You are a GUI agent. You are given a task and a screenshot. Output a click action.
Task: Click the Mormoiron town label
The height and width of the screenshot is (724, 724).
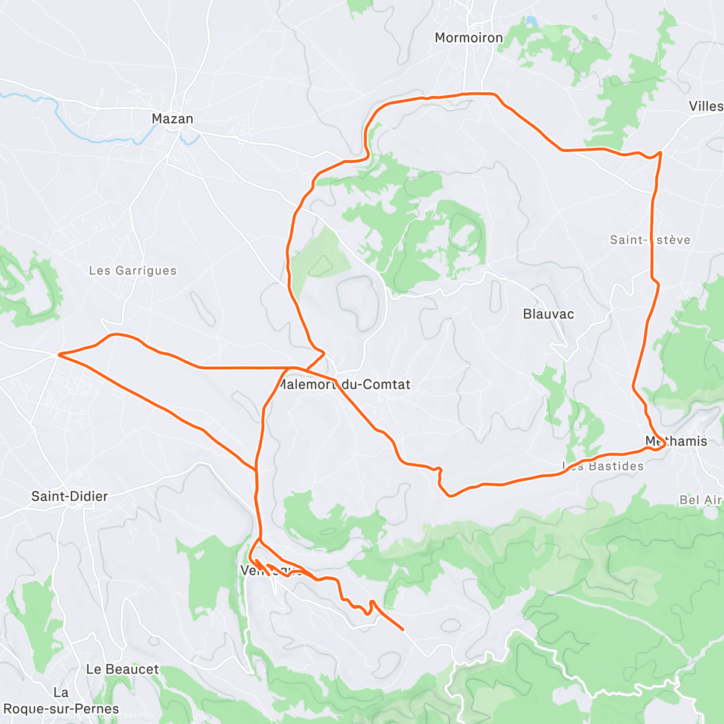(468, 37)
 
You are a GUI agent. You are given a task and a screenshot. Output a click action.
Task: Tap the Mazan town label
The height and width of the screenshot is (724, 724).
(173, 119)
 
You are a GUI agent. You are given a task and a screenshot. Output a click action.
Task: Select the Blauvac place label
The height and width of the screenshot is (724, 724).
(548, 314)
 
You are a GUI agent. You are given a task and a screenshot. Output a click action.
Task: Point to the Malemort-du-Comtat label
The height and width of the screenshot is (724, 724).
(344, 384)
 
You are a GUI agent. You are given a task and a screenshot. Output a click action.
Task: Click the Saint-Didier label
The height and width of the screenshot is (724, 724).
(69, 496)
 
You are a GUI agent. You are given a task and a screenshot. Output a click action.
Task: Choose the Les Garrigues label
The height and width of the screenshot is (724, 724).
(133, 270)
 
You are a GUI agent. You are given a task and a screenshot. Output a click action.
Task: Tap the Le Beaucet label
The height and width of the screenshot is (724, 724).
(122, 669)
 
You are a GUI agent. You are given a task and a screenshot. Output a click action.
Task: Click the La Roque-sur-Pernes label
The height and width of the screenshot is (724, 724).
(61, 701)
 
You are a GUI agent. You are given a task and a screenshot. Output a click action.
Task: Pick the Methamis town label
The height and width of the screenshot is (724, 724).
(676, 441)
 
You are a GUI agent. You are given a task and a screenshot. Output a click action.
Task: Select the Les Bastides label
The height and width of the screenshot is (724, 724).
(603, 466)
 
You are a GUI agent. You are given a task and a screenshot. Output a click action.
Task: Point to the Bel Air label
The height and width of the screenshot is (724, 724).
(700, 500)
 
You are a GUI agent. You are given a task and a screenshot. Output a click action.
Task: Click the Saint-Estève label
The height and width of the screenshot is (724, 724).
(650, 240)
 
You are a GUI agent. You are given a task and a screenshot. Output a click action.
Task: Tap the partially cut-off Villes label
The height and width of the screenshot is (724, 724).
(706, 106)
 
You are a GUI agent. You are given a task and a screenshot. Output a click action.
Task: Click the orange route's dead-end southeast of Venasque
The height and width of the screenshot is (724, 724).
(402, 629)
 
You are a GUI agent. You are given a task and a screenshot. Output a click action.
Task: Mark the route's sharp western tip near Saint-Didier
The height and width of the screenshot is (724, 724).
(58, 355)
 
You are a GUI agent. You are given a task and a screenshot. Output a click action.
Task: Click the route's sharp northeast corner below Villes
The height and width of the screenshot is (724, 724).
(661, 153)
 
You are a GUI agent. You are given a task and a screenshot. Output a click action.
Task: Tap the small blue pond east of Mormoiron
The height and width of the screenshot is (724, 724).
(532, 22)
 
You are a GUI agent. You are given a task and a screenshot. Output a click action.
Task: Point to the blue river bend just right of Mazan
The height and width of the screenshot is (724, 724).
(192, 139)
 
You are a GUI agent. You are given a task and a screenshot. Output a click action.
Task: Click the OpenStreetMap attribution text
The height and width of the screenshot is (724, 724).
(127, 716)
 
